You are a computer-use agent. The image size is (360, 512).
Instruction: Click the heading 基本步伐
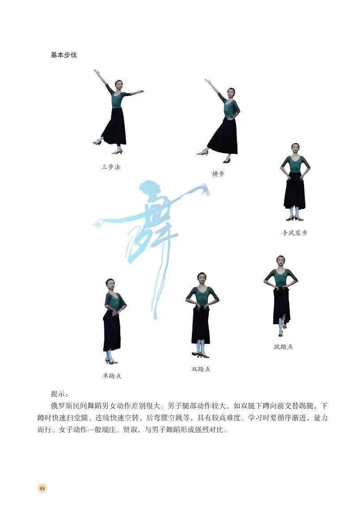coord(64,55)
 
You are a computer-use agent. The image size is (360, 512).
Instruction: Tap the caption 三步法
coord(111,167)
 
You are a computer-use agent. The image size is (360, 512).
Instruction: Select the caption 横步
coord(218,173)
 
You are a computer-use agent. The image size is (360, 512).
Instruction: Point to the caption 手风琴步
coord(295,233)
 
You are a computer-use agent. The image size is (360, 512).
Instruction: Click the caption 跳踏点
coord(283,347)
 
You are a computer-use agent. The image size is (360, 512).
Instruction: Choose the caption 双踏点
coord(201,369)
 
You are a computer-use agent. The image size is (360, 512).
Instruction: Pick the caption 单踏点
coord(112,376)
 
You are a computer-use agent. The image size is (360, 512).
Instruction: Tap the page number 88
coord(42,488)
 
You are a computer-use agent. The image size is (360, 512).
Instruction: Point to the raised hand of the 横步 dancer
coord(207,80)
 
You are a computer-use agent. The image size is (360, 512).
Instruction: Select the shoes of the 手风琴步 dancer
coord(295,218)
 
